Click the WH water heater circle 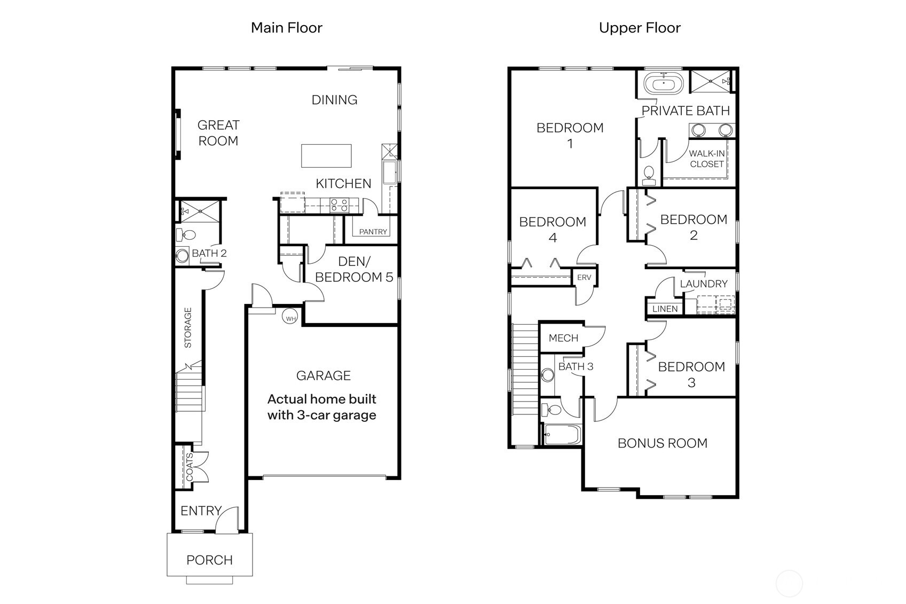(290, 316)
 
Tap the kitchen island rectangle (326, 156)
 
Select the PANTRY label (373, 232)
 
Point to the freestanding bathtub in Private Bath (664, 84)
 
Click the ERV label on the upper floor (584, 278)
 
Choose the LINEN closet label (665, 309)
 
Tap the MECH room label (563, 338)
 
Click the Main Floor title (286, 28)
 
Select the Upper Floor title (640, 28)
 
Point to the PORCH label (209, 560)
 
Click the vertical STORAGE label (188, 328)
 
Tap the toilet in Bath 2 (186, 234)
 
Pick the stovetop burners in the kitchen (339, 205)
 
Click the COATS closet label (190, 467)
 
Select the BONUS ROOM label (663, 443)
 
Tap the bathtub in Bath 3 (563, 435)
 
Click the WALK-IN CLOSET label (707, 159)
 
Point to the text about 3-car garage (322, 407)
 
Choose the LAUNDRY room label (704, 284)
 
